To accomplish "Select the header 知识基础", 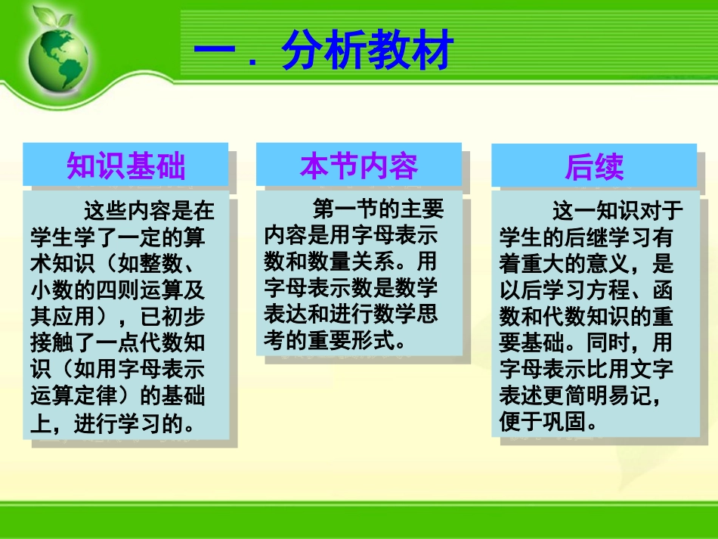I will point(125,166).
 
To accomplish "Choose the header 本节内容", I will point(359,166).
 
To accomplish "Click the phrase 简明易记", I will point(608,395).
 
